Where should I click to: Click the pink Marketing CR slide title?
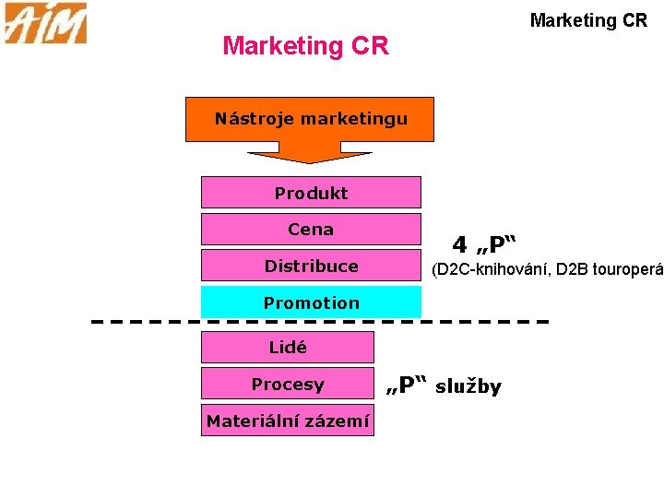(305, 45)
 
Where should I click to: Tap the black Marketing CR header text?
(588, 20)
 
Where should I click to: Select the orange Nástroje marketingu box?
(310, 119)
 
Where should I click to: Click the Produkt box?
(311, 193)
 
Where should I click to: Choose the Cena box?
(311, 229)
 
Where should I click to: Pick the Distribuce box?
(311, 266)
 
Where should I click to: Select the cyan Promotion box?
(311, 302)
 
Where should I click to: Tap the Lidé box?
(288, 348)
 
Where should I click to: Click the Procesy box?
(288, 385)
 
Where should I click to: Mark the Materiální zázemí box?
(288, 421)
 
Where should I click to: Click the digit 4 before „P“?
(458, 245)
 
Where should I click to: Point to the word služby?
(468, 386)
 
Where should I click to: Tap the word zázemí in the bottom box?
(338, 421)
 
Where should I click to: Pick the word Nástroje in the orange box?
(253, 119)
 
